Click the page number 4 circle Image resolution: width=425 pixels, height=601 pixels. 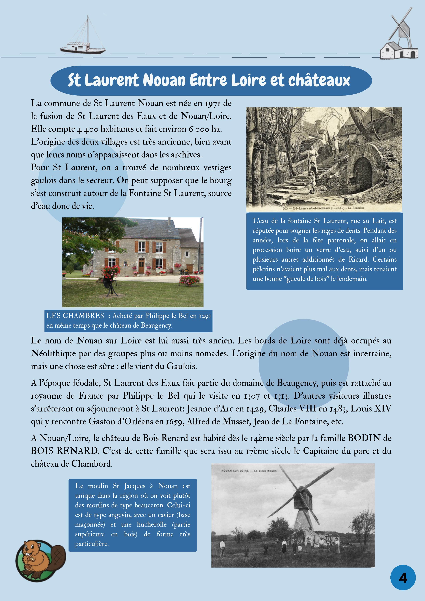pyautogui.click(x=403, y=577)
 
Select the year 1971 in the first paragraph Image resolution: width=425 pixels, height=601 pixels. pyautogui.click(x=213, y=104)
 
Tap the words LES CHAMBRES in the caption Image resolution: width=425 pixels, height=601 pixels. pyautogui.click(x=75, y=316)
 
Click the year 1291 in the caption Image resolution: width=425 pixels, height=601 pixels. pyautogui.click(x=205, y=316)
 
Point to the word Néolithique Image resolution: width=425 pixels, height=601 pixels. pyautogui.click(x=53, y=354)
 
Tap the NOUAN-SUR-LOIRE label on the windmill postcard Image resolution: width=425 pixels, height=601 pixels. pyautogui.click(x=234, y=471)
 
